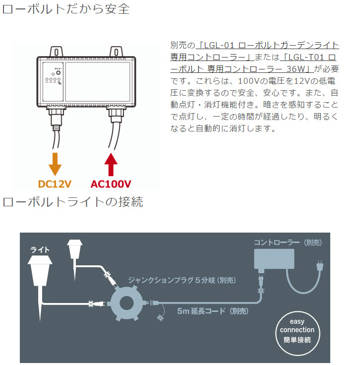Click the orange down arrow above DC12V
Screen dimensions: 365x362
55,163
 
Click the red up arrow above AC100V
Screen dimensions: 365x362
111,164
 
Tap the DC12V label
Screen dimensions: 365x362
55,184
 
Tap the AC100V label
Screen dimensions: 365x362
111,184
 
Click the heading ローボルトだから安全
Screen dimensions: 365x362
66,9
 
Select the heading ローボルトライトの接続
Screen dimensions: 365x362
73,202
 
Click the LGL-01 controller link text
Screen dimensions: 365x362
268,45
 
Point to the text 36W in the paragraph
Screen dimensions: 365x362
300,69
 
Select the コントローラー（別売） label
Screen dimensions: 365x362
288,243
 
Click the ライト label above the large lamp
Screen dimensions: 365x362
40,249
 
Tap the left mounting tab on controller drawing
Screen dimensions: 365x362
56,51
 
